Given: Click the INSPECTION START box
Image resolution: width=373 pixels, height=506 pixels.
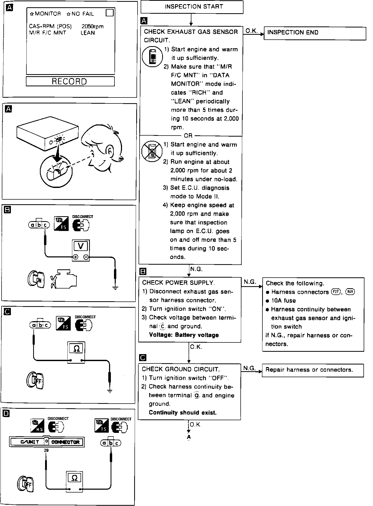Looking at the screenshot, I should [192, 7].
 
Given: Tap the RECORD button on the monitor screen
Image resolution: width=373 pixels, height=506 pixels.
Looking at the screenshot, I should [70, 81].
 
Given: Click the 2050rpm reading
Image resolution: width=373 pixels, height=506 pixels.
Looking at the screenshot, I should [92, 26].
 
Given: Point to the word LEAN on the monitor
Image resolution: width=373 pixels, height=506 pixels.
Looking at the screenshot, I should [88, 33].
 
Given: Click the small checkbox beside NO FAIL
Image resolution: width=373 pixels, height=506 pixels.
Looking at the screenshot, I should [110, 13].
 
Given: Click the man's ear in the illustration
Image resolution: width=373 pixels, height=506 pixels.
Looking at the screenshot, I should [110, 151].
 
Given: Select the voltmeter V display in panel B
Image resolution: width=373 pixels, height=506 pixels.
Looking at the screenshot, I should [81, 246].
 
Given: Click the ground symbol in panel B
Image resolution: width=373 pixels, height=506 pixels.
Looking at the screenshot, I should [115, 288].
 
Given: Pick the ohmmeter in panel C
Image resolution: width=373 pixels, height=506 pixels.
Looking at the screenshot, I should [76, 352].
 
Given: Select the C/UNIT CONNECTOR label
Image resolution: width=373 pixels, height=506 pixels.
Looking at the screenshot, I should [47, 442].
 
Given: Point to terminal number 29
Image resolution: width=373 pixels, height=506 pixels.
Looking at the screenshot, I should [46, 450].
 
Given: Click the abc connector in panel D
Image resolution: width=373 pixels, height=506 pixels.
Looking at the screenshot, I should [111, 443].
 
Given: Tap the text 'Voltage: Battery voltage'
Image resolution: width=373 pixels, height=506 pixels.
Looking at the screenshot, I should [184, 335].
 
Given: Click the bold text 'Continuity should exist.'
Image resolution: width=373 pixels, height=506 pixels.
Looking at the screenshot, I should [183, 412].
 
